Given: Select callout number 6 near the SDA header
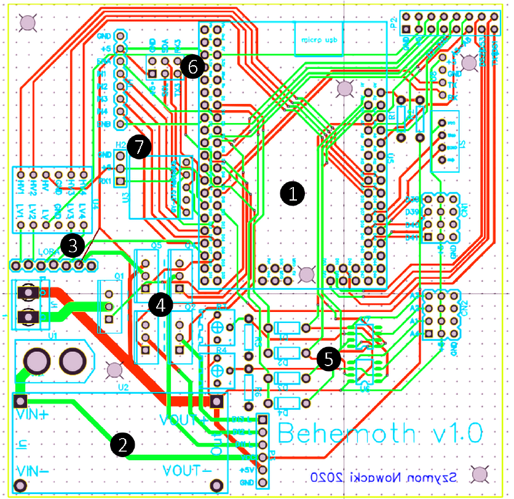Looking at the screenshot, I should tap(192, 67).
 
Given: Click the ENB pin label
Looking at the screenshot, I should tap(103, 124).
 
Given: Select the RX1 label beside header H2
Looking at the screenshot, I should tap(104, 182).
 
